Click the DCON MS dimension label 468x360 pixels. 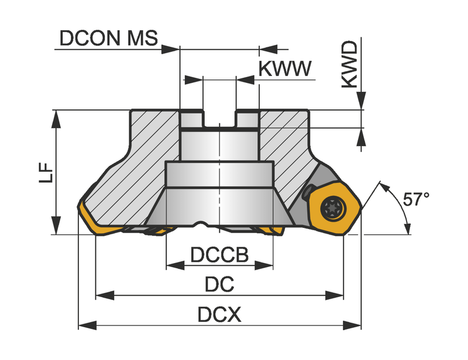(109, 38)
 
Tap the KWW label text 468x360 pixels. (285, 68)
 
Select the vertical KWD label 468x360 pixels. (349, 64)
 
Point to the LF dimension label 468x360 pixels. (46, 172)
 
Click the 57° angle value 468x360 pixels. (416, 199)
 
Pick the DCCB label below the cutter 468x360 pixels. (219, 254)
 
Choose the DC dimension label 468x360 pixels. (219, 284)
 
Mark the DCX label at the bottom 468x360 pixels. (219, 314)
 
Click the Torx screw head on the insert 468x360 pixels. (333, 208)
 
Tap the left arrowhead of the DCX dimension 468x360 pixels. (87, 326)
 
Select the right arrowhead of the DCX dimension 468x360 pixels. (352, 326)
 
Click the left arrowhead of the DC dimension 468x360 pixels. (105, 296)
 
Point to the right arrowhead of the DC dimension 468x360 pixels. (335, 296)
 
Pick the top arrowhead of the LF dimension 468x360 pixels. (56, 119)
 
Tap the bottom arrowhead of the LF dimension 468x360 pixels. (56, 226)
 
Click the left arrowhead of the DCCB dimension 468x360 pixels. (175, 265)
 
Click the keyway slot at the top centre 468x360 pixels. (219, 119)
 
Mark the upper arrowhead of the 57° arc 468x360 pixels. (385, 188)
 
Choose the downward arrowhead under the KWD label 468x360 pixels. (362, 101)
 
